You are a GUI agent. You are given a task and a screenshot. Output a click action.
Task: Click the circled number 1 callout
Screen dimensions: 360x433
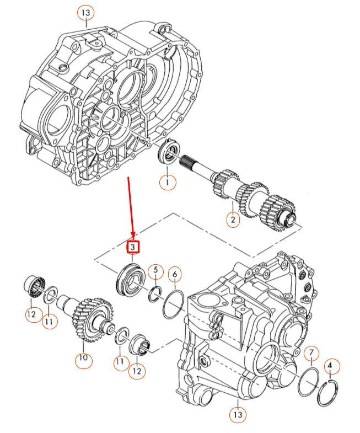pos(168,182)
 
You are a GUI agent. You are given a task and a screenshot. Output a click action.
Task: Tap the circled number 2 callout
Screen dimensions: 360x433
pos(233,220)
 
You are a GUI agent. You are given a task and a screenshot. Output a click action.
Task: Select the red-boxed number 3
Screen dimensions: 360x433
pos(133,247)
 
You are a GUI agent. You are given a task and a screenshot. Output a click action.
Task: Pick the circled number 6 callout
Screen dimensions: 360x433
pos(175,274)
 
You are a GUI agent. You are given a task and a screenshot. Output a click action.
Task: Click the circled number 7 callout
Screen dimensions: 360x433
pos(311,353)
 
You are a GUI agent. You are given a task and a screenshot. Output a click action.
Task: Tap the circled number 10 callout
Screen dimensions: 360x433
pos(83,358)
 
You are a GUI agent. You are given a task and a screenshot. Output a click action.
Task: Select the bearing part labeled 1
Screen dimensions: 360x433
pos(169,152)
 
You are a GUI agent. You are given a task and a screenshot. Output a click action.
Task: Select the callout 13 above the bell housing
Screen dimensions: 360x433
pos(86,12)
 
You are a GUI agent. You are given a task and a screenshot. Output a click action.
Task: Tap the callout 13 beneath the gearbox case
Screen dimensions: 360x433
pos(238,414)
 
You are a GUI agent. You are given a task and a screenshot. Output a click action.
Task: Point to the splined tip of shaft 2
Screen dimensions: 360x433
pos(186,162)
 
